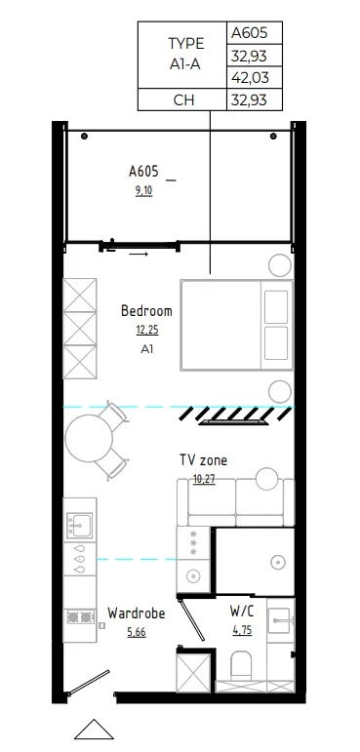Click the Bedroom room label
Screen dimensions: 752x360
point(146,311)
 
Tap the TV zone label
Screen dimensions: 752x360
point(203,459)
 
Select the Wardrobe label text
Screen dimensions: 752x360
point(136,613)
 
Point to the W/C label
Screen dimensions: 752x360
point(243,611)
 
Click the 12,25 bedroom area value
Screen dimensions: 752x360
point(146,330)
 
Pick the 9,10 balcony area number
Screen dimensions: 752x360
point(142,190)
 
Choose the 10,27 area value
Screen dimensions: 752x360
point(203,478)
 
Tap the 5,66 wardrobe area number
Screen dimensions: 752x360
point(136,631)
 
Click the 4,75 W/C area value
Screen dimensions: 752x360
point(241,630)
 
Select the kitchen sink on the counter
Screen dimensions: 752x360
point(78,528)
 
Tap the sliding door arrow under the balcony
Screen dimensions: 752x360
point(137,255)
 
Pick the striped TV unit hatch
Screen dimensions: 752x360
point(230,416)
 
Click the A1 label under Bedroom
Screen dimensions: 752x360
point(146,348)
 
